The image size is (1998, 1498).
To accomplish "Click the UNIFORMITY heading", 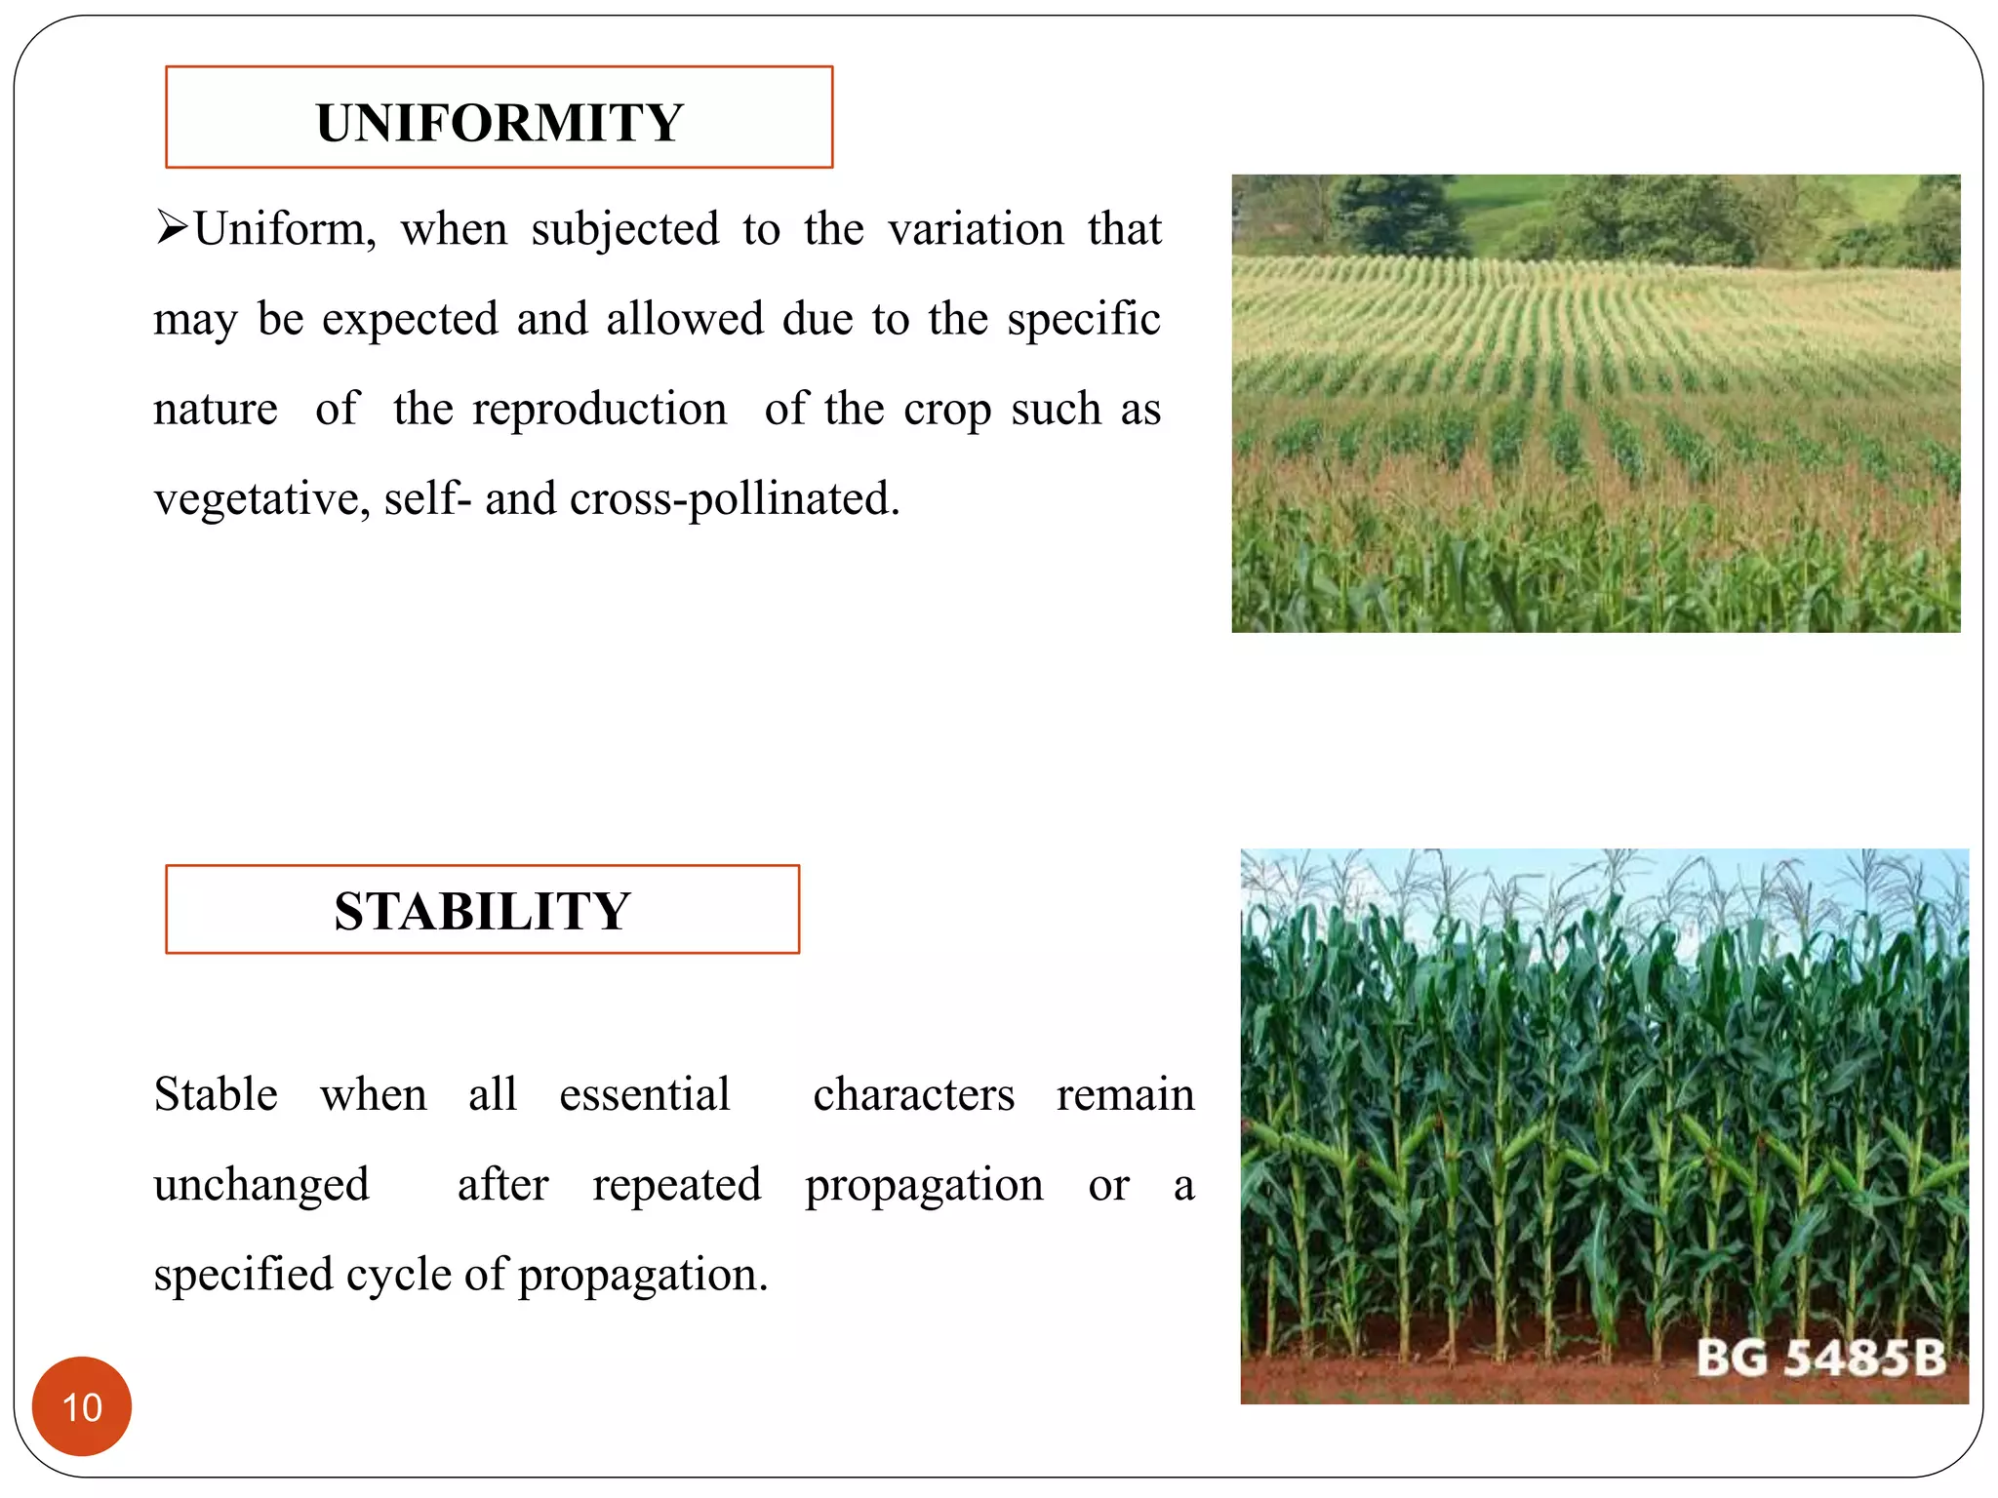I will (x=499, y=123).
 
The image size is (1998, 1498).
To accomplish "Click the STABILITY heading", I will (x=482, y=911).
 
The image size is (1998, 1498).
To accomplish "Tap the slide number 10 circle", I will (x=82, y=1406).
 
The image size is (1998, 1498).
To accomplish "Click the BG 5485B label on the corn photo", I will (x=1820, y=1358).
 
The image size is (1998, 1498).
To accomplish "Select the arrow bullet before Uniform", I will (x=172, y=229).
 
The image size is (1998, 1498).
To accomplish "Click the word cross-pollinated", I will (x=734, y=499).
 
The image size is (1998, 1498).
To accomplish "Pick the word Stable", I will (x=216, y=1094).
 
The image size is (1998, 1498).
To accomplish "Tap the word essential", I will (x=644, y=1094).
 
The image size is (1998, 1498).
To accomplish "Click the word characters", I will (x=914, y=1094).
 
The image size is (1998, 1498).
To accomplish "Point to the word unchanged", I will (x=261, y=1185).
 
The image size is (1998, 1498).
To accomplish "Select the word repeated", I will (x=676, y=1185).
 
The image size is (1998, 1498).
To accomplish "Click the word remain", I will (x=1125, y=1094).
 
